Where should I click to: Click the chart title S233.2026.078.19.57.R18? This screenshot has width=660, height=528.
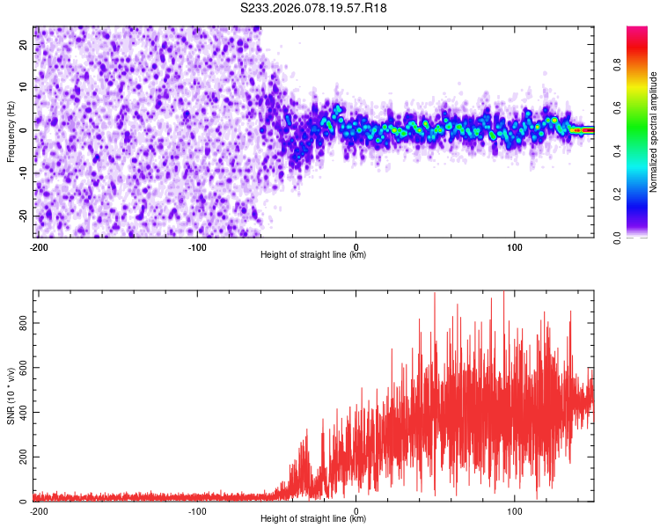(314, 8)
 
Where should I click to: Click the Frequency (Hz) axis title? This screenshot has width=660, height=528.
(11, 131)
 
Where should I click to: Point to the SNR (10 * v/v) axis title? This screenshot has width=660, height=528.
(11, 396)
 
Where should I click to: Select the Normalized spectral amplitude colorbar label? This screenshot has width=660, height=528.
(653, 131)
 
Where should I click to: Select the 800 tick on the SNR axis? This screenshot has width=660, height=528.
(22, 324)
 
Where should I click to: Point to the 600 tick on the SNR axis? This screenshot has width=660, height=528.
(22, 368)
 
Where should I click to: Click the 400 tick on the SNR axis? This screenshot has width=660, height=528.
(22, 413)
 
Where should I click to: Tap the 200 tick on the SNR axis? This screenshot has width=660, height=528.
(22, 458)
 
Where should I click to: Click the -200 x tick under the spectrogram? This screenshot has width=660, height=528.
(38, 246)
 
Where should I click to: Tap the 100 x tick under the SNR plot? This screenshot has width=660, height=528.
(515, 510)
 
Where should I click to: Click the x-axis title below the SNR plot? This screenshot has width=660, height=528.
(313, 519)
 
